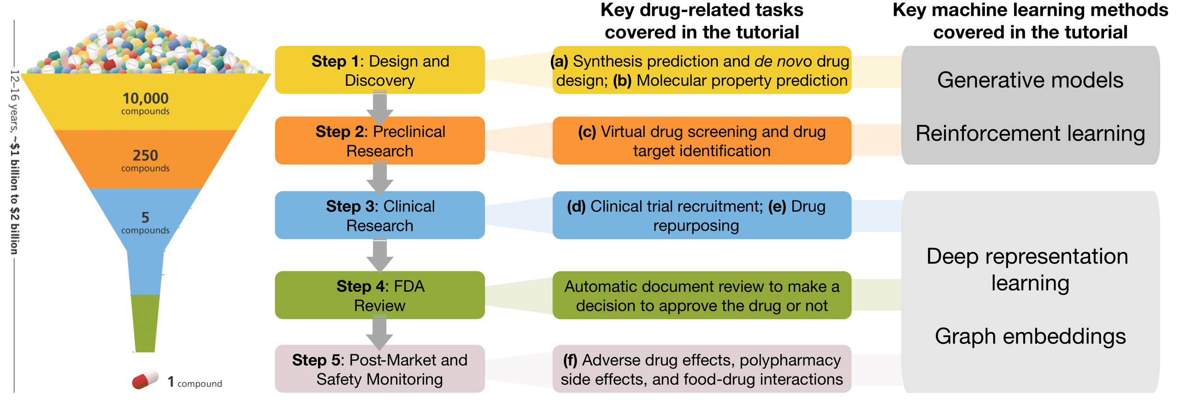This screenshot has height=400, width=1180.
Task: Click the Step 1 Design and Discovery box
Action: (379, 70)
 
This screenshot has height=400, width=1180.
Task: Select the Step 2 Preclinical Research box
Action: (379, 141)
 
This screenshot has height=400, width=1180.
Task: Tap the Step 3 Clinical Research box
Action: (379, 215)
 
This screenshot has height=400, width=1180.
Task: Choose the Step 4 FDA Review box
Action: (379, 295)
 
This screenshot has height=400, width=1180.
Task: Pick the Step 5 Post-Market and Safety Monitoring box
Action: (379, 369)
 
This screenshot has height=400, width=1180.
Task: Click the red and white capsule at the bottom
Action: (145, 379)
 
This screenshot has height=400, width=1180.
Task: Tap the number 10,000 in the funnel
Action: (145, 98)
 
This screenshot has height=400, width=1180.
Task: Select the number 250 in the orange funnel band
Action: (145, 155)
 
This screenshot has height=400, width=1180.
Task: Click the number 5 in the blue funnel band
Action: (145, 217)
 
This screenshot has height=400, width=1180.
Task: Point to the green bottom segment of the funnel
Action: (145, 323)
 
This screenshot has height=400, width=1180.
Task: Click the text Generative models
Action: (1030, 80)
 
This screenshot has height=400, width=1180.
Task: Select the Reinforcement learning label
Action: (1030, 134)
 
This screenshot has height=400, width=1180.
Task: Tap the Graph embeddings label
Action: (1030, 336)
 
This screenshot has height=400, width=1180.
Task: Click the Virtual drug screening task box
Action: (702, 141)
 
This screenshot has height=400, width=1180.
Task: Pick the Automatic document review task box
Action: (702, 295)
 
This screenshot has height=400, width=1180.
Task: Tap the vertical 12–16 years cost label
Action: (15, 161)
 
